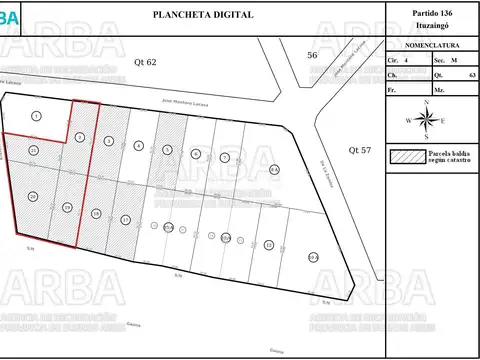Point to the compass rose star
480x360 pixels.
pos(427,121)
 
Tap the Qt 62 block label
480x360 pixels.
pos(146,62)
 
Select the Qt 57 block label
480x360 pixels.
pos(359,149)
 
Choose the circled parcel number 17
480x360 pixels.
pos(125,219)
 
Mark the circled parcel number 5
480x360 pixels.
pos(196,153)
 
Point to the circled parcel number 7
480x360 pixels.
pos(225,158)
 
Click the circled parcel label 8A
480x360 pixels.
pos(274,170)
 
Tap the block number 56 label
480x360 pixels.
pos(312,55)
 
